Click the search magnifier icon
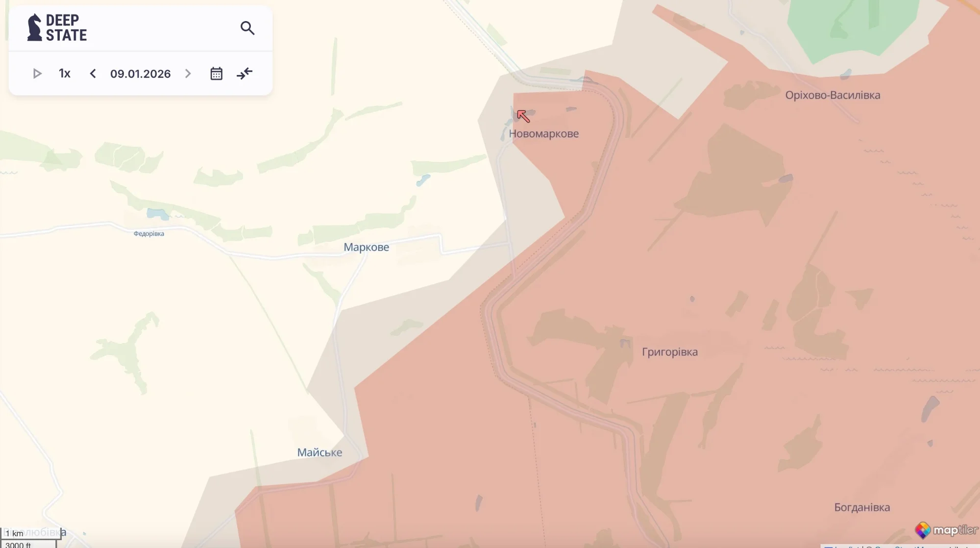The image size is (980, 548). (247, 28)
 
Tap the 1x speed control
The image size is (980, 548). (65, 74)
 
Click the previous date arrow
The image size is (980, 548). (93, 74)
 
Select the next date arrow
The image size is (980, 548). (188, 74)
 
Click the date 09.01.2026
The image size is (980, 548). (140, 74)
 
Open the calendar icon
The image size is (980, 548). (216, 74)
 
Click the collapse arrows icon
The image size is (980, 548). (245, 74)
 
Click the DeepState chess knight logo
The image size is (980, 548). (34, 27)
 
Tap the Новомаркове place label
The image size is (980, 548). (543, 133)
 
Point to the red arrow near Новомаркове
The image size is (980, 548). (523, 116)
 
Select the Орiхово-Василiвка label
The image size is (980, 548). (833, 95)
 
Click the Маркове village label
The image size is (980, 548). (366, 247)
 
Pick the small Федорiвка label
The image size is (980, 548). (149, 234)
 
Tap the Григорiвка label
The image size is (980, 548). (669, 352)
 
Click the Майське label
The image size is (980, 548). (319, 452)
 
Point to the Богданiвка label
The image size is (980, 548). (862, 507)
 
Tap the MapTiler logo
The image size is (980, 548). (946, 530)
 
